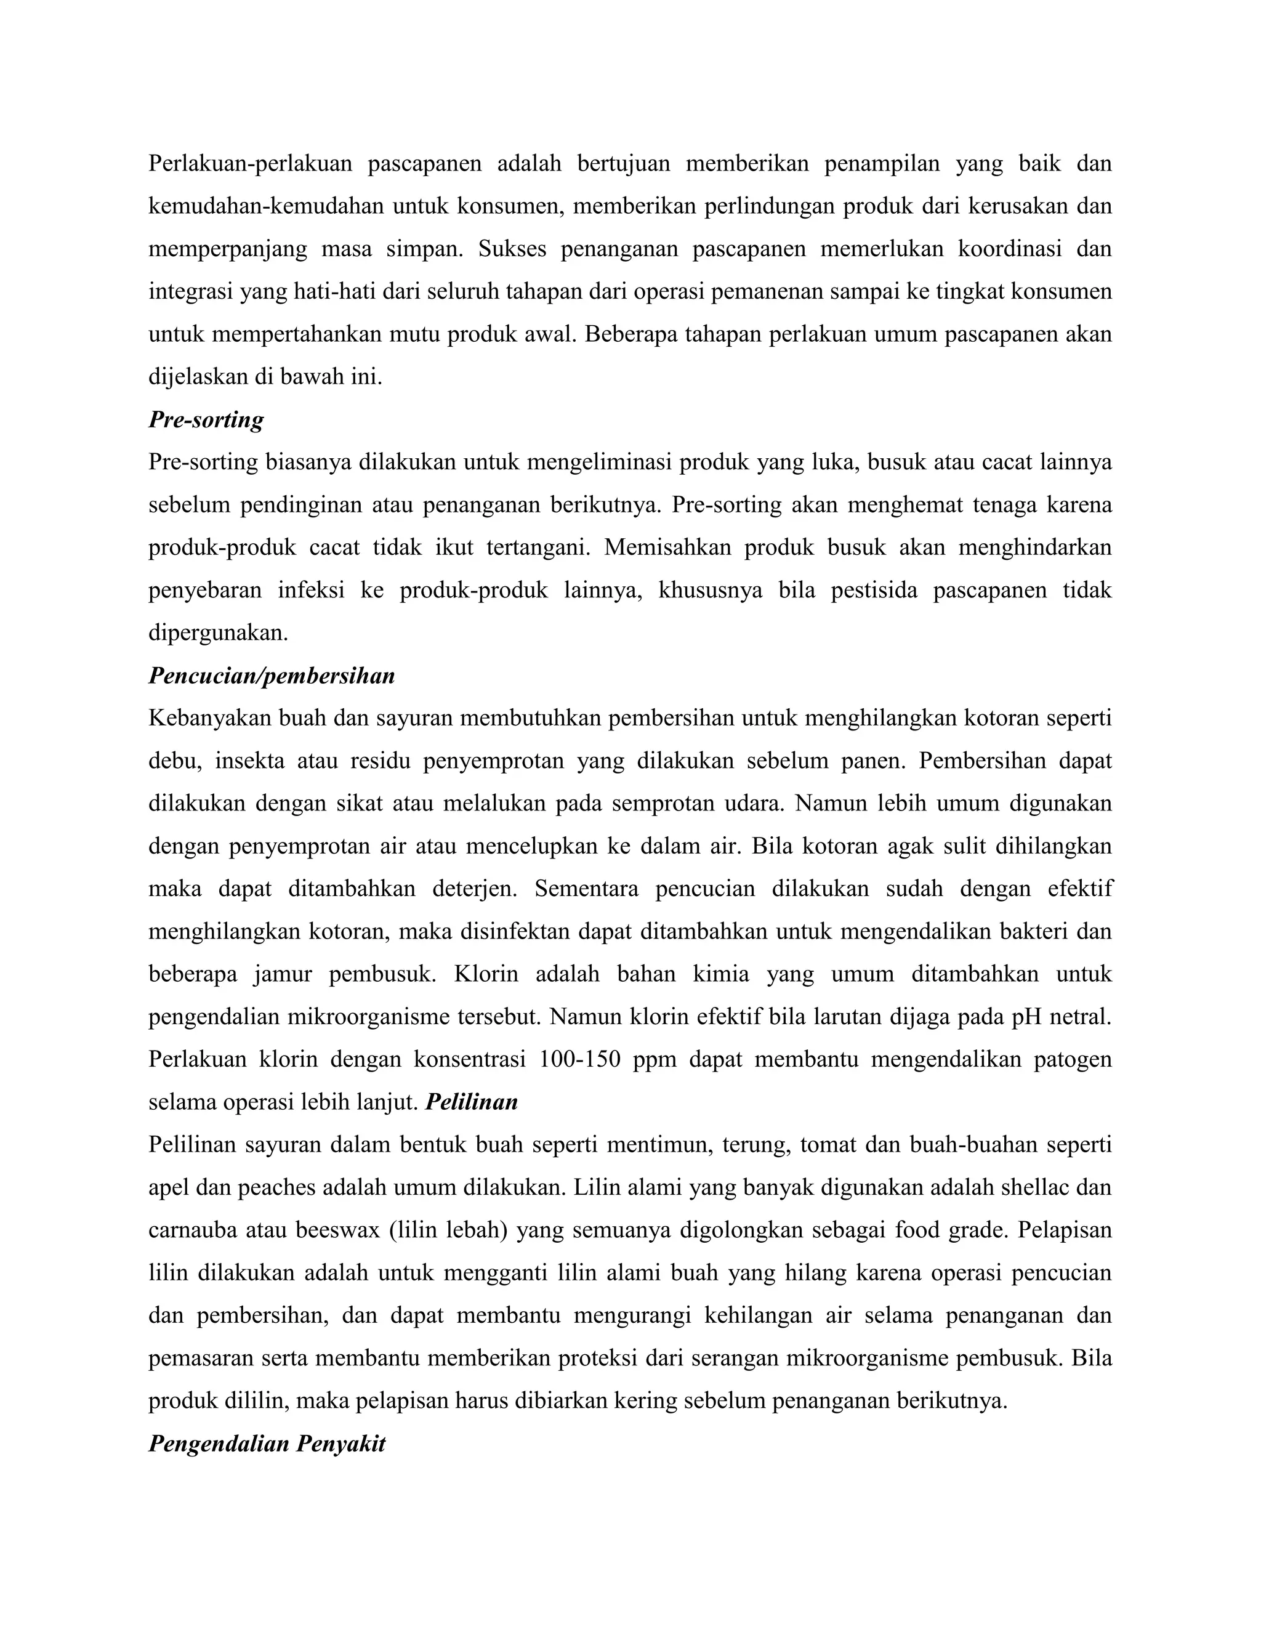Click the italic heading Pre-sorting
pyautogui.click(x=206, y=420)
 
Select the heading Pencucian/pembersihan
pyautogui.click(x=271, y=676)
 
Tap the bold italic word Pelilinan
pyautogui.click(x=472, y=1102)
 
